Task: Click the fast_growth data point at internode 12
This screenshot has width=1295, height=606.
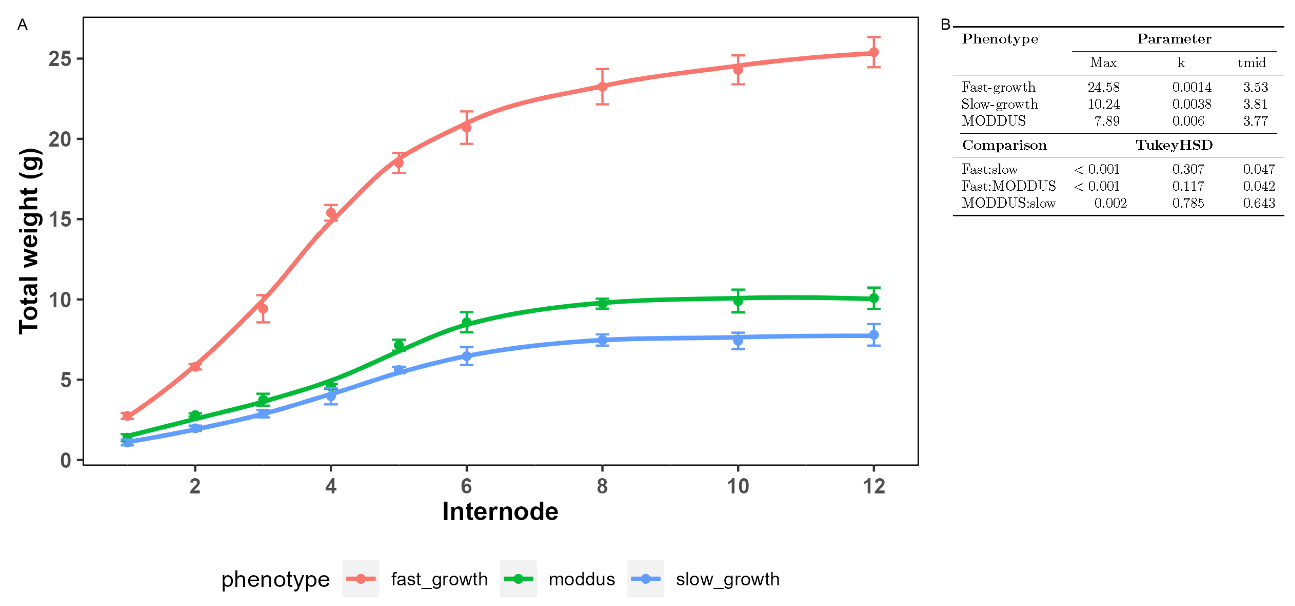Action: [874, 52]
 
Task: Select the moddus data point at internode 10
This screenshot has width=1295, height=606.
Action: [738, 301]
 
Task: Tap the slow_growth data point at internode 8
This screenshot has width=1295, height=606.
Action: [602, 340]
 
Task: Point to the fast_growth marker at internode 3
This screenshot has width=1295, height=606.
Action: [262, 308]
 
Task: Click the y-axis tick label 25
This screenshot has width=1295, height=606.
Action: [60, 59]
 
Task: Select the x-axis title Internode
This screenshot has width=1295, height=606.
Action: [500, 511]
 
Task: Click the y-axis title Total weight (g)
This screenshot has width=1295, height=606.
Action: [29, 241]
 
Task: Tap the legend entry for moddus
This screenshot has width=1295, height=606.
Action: [582, 579]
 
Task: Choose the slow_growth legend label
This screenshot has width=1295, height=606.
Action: [727, 579]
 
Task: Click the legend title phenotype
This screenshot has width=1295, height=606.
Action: [275, 579]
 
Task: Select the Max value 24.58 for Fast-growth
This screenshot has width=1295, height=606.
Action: [1103, 87]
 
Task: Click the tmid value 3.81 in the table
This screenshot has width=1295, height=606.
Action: [1255, 104]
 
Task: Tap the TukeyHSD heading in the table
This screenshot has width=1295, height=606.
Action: [1174, 145]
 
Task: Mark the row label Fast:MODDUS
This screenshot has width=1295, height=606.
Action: [1009, 186]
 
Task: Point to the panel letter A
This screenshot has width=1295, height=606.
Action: [22, 25]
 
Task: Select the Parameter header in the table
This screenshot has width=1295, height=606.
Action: [1174, 39]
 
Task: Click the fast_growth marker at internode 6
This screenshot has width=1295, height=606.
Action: [466, 127]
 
